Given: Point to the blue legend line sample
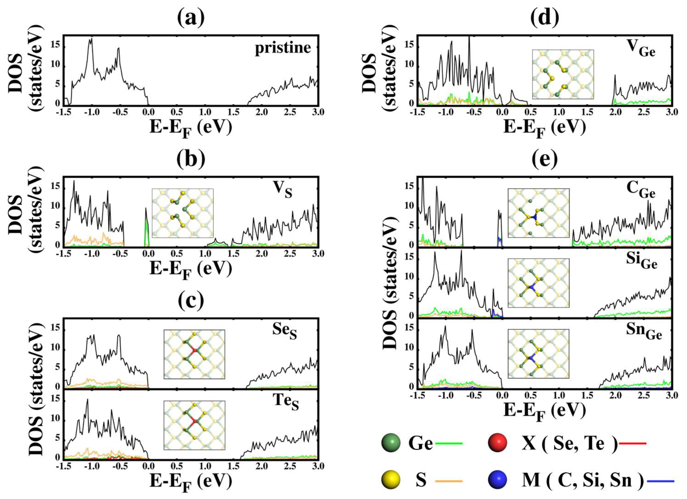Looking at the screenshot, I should pos(660,481).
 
